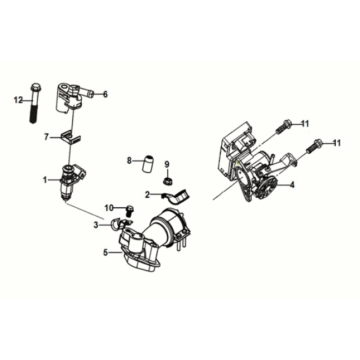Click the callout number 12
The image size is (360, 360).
(x=18, y=101)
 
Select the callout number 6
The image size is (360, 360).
(x=105, y=94)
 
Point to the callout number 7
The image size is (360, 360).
(x=44, y=137)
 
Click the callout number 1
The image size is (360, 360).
(x=44, y=180)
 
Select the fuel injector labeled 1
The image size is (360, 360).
(x=70, y=180)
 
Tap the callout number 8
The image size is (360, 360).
(x=129, y=159)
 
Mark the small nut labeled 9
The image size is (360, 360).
(x=169, y=181)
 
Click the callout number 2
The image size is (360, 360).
(x=146, y=194)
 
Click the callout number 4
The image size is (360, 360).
(x=291, y=185)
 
